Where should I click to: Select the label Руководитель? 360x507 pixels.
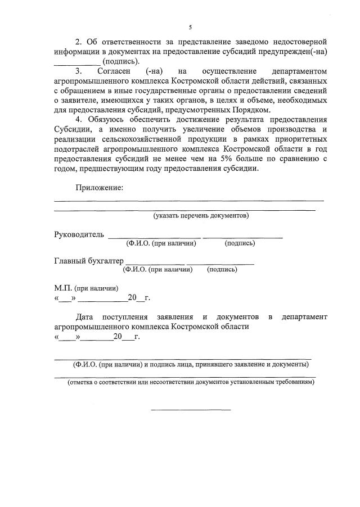tap(79, 234)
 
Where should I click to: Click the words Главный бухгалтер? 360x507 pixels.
tap(88, 261)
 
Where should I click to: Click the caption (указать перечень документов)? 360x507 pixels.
tap(201, 215)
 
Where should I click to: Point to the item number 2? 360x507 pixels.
tap(79, 42)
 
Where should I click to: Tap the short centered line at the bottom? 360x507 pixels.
tap(191, 409)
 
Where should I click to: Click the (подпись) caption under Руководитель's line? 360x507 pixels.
tap(240, 243)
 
